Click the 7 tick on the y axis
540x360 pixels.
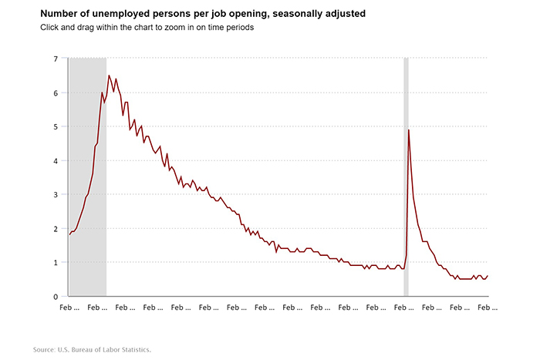[56, 59]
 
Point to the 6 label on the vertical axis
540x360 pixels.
[56, 93]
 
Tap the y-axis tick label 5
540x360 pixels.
[56, 126]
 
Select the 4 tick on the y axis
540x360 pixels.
[56, 160]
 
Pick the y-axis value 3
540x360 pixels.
[56, 194]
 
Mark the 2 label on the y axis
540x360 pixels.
[56, 228]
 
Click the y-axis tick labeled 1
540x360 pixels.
[56, 262]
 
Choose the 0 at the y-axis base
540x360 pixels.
[56, 296]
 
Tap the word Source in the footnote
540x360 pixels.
[43, 349]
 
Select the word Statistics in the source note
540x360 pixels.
[134, 349]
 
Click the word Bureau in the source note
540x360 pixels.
[85, 349]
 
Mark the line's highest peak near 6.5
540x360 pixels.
[109, 76]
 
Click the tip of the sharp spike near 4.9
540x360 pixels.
[408, 130]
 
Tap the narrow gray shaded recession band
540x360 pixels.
[406, 193]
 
